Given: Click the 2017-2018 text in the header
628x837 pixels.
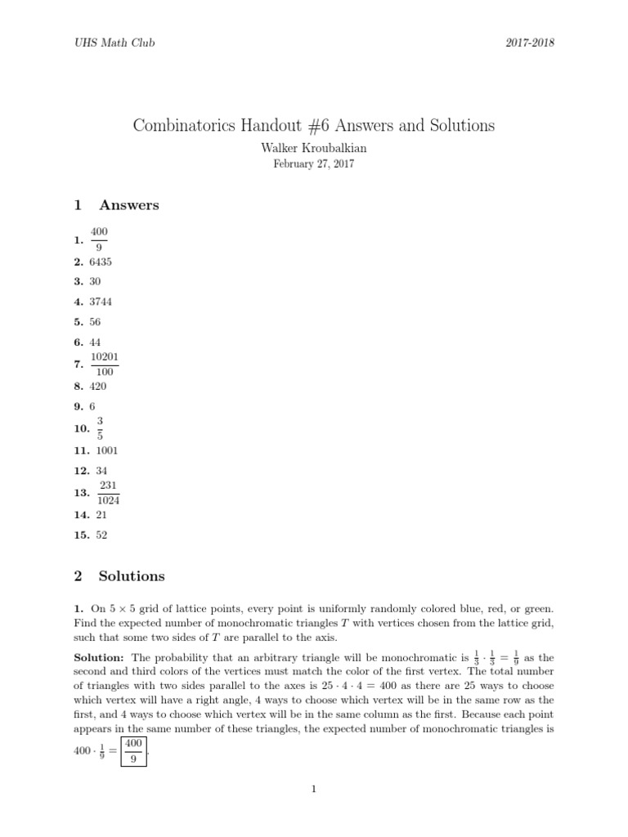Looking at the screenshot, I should point(530,43).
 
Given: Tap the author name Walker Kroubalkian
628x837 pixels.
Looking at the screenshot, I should point(313,148).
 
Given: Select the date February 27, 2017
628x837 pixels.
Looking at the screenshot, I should point(313,163).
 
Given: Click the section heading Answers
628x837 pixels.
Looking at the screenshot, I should point(128,205).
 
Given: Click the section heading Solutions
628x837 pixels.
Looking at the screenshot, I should point(131,576).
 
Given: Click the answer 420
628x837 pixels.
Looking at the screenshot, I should point(98,386).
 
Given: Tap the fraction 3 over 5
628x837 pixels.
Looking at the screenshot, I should point(99,429).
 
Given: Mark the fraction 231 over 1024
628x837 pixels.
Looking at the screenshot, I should point(108,493).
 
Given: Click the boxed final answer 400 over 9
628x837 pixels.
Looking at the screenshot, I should point(133,750).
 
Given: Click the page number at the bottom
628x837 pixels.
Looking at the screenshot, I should point(313,790).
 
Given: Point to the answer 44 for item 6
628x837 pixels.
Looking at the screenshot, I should point(95,342).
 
